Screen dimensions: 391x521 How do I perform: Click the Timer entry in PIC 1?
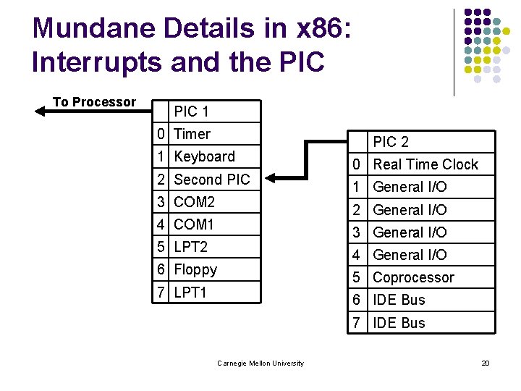pos(192,134)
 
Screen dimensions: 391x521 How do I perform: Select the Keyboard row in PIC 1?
pos(205,156)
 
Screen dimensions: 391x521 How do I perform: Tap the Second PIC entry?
pos(212,180)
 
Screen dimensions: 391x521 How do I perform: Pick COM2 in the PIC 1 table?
pos(195,202)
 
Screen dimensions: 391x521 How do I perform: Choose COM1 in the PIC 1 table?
pos(195,224)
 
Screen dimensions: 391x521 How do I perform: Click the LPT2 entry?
pos(191,247)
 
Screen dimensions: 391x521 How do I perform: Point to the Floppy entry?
pos(195,269)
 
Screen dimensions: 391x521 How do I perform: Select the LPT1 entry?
pos(191,293)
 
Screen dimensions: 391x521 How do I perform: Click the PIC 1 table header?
pos(192,112)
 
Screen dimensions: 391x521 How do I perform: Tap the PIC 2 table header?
pos(391,142)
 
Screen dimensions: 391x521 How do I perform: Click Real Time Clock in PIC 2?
pos(425,164)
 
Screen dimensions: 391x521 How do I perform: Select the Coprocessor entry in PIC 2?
pos(413,277)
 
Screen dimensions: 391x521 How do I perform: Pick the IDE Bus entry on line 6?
pos(399,300)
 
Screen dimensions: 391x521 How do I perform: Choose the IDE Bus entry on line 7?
pos(399,323)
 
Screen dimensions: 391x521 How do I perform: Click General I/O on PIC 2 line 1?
pos(410,187)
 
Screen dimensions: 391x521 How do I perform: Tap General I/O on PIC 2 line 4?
pos(410,255)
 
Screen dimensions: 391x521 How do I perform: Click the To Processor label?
pos(94,102)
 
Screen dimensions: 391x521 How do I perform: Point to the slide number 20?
pos(486,363)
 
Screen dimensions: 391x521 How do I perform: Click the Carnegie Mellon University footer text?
pos(260,363)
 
